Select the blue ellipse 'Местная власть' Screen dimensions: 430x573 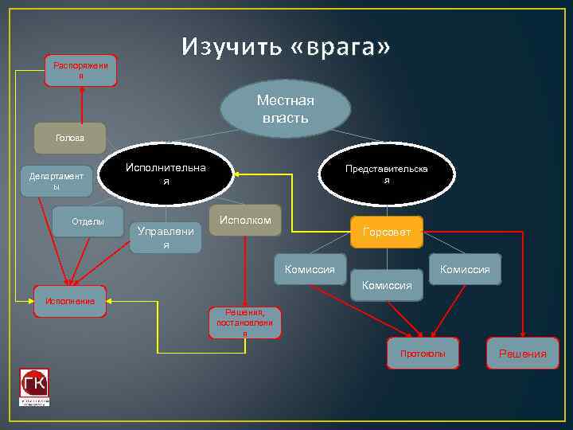click(x=285, y=108)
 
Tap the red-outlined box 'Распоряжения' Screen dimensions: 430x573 click(x=80, y=70)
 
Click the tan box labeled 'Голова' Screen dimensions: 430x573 click(x=69, y=138)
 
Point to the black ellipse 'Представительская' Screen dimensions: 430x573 click(x=386, y=174)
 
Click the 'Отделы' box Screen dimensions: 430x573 click(x=88, y=221)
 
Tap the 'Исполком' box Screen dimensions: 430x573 click(x=245, y=220)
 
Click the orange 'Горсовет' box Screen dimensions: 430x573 click(x=387, y=232)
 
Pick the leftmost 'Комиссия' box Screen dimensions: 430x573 click(x=310, y=269)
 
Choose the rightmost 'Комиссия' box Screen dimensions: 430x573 click(x=465, y=269)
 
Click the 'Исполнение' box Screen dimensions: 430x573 click(x=70, y=301)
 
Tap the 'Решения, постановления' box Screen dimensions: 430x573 click(x=244, y=322)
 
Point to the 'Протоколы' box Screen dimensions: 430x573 click(x=423, y=353)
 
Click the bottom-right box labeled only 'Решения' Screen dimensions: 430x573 click(x=522, y=353)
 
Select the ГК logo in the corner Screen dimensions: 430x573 click(x=34, y=387)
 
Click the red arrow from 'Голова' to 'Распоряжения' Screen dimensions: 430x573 click(x=80, y=104)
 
